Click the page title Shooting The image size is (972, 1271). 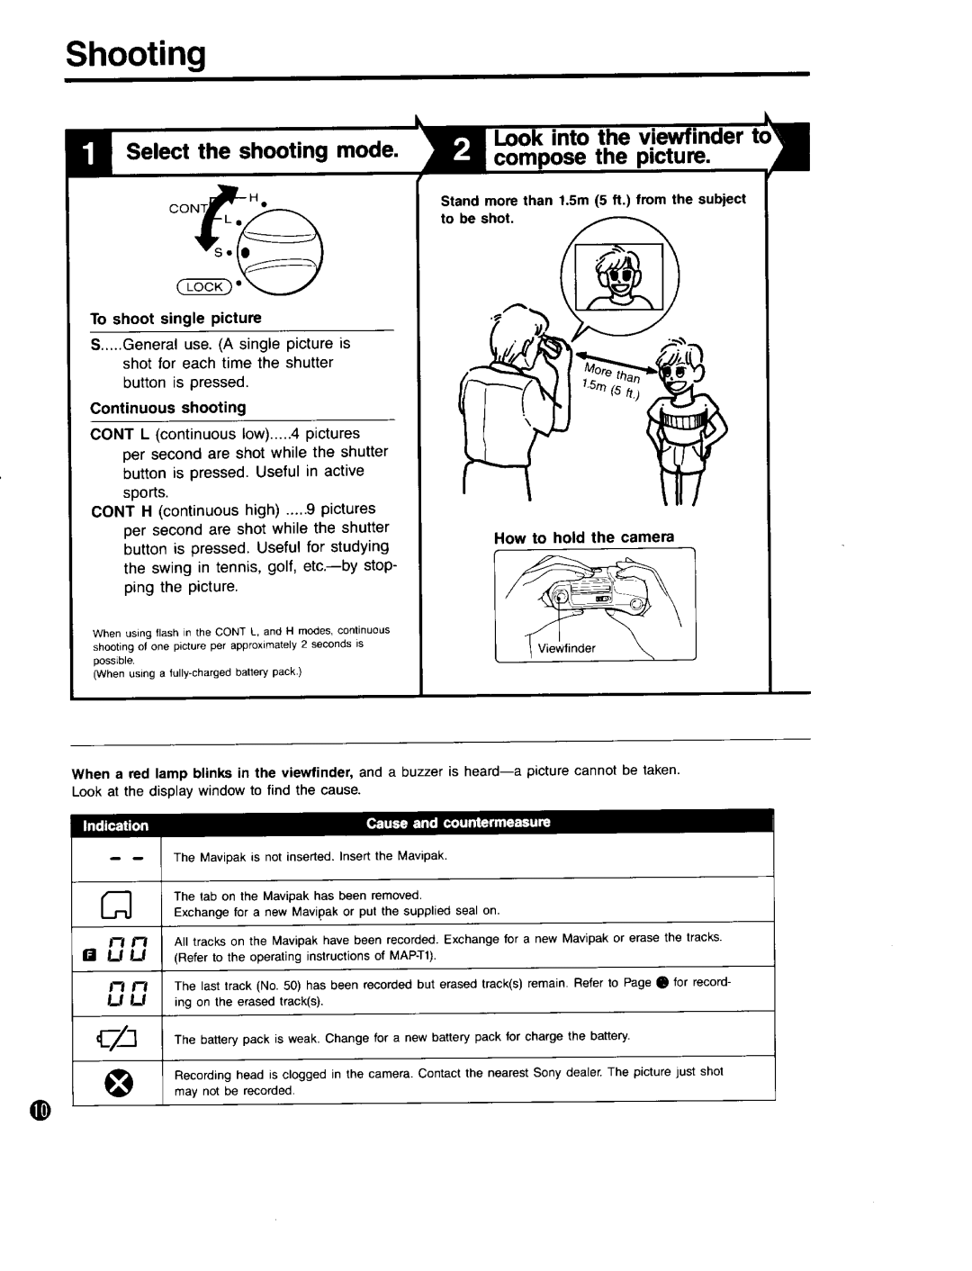[x=135, y=55]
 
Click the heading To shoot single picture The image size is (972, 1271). [x=175, y=318]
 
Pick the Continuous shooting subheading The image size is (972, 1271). [x=167, y=408]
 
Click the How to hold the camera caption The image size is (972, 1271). [x=583, y=537]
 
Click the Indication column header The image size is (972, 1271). [x=117, y=825]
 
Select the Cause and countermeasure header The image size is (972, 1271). [x=458, y=823]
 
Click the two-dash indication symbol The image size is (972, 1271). [x=117, y=856]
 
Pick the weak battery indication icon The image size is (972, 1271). [x=117, y=1036]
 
